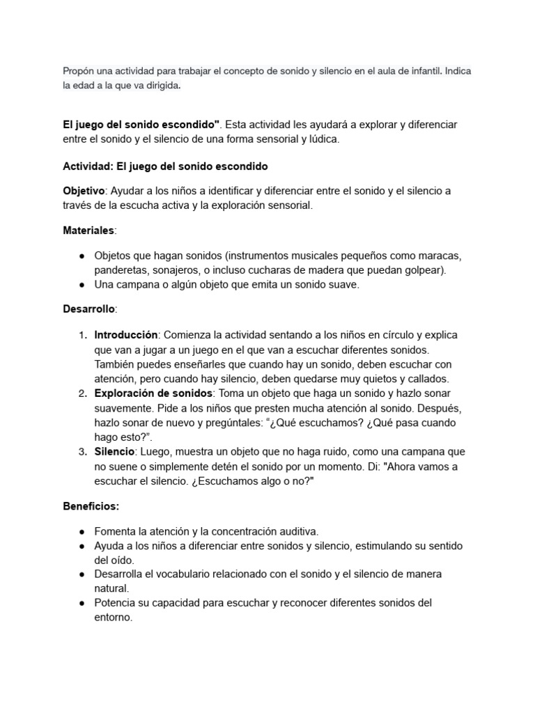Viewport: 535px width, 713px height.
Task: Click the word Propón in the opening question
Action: [78, 72]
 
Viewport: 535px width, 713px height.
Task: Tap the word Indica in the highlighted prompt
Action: [458, 72]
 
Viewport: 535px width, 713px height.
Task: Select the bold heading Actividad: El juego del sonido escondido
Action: [165, 166]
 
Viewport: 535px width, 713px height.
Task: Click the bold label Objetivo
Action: [83, 191]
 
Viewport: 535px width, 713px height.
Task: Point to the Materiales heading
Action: [89, 230]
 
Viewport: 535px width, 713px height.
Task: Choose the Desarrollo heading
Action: [90, 308]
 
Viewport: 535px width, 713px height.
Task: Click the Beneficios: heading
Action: [91, 506]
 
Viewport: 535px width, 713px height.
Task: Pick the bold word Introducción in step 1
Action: [126, 335]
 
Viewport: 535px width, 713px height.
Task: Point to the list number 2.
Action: [82, 394]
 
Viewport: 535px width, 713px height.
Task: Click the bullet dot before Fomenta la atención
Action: [82, 532]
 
